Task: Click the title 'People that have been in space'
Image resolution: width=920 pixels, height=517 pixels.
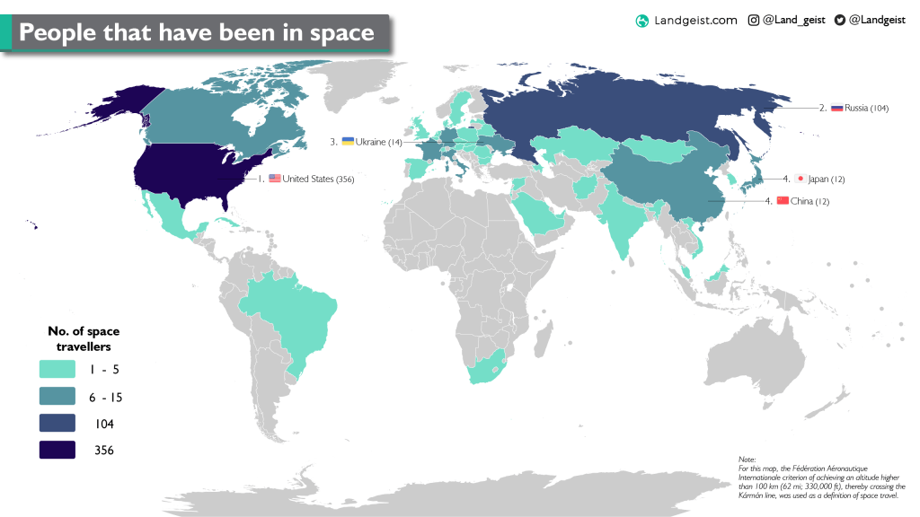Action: (x=196, y=32)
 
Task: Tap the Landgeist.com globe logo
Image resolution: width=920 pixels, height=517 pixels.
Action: (x=641, y=21)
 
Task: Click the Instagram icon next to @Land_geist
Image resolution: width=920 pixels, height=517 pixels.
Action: (x=753, y=20)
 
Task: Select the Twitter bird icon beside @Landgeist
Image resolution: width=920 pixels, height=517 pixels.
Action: (x=839, y=20)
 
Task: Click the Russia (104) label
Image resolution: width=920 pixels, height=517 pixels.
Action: (x=866, y=108)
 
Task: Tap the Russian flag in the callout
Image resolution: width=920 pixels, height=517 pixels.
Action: (x=836, y=107)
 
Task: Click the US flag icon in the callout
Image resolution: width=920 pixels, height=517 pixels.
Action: (x=275, y=179)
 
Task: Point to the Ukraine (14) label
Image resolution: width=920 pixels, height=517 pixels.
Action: (x=378, y=142)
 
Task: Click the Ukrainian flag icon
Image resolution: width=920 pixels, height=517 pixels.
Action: (x=348, y=141)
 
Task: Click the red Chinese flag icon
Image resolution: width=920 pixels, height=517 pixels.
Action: (x=782, y=200)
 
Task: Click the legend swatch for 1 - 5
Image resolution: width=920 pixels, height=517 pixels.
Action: (x=57, y=370)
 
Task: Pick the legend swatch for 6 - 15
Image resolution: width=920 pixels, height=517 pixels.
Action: (x=57, y=397)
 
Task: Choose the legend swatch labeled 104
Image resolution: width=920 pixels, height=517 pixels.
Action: (x=57, y=424)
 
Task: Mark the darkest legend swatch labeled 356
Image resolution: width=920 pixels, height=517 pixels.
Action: (x=57, y=451)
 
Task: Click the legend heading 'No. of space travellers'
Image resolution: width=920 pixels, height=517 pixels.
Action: (x=84, y=338)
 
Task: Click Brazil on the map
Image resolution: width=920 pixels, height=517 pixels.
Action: (x=296, y=314)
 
